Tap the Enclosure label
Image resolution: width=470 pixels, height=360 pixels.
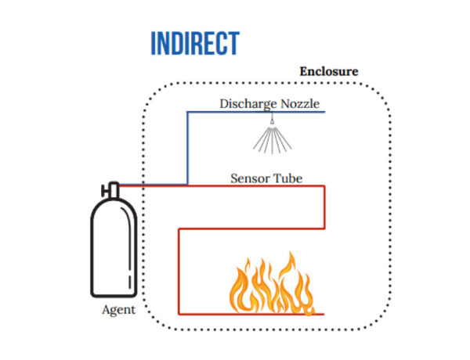[x=329, y=71]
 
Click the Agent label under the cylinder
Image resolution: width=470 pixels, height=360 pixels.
[x=118, y=309]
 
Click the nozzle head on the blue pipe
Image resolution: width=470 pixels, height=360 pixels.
[x=271, y=118]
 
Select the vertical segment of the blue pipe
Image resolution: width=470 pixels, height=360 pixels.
[x=187, y=149]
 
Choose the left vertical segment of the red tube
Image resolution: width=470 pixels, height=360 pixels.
[x=179, y=271]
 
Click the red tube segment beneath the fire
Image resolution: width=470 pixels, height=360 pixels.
[x=251, y=314]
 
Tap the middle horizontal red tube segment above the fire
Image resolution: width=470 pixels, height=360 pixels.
[x=251, y=229]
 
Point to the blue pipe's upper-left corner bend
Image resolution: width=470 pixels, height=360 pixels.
[x=187, y=112]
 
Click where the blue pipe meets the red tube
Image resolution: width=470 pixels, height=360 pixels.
[x=187, y=185]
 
